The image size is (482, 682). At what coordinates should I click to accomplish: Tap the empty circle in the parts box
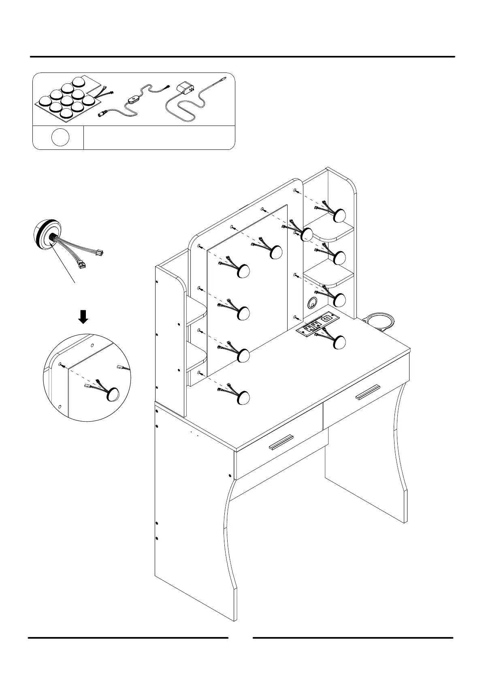[x=60, y=138]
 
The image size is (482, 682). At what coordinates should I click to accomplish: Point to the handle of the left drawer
[x=281, y=442]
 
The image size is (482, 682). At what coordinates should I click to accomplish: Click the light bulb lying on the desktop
[x=338, y=342]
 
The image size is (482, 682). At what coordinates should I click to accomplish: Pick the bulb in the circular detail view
[x=112, y=394]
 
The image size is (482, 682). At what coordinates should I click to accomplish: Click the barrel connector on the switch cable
[x=102, y=114]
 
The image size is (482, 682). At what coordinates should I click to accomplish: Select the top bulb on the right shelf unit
[x=339, y=215]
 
